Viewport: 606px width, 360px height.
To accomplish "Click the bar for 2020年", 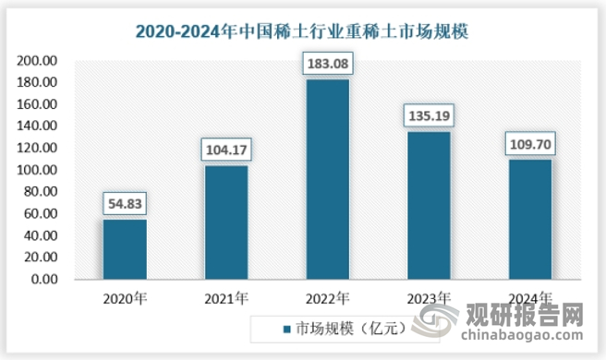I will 125,249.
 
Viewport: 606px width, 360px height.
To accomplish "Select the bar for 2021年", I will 226,222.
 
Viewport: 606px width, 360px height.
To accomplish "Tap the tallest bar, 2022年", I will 327,179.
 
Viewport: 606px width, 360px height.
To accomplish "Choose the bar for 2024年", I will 529,220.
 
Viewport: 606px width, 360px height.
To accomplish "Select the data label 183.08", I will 327,65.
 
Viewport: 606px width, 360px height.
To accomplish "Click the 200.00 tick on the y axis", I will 38,61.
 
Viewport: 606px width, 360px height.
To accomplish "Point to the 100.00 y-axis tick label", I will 38,171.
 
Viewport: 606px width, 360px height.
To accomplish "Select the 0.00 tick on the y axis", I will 43,280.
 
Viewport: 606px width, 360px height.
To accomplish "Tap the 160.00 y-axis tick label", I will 38,104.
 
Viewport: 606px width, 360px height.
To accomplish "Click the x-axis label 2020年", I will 125,298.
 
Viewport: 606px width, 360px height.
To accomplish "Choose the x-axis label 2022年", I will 327,298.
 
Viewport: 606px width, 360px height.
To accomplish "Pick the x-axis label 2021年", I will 226,298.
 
